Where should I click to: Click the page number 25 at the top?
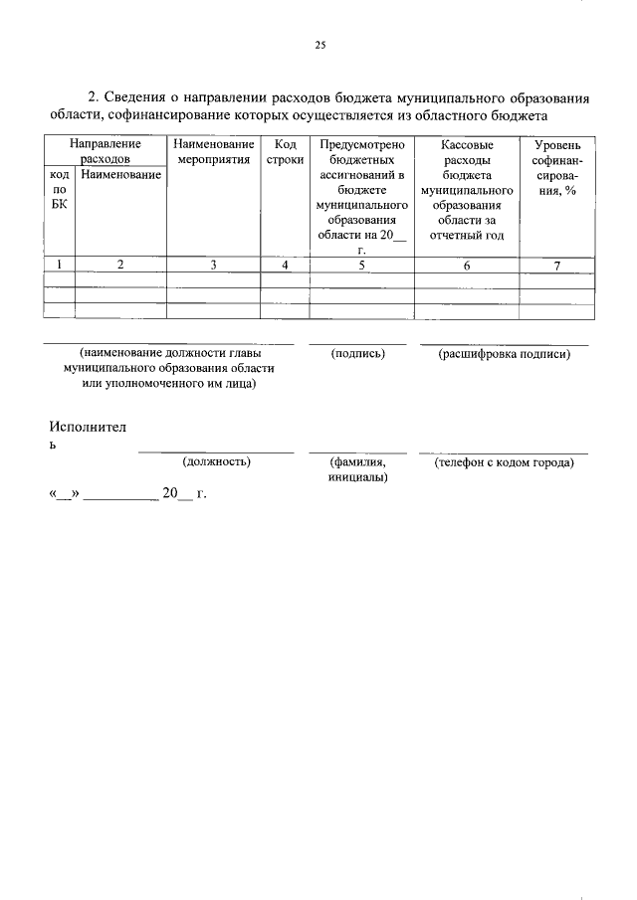319,45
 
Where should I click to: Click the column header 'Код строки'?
285,151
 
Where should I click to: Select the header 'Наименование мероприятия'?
213,151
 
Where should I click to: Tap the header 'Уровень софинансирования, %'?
557,167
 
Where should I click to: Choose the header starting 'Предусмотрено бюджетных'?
361,197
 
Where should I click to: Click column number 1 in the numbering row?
60,265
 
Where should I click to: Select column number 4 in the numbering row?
285,265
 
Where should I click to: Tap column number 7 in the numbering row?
557,265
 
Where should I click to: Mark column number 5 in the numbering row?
361,265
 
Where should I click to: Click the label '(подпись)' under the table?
357,353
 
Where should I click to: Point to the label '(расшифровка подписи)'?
504,353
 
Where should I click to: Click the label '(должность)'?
216,461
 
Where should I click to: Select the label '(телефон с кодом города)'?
504,461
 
